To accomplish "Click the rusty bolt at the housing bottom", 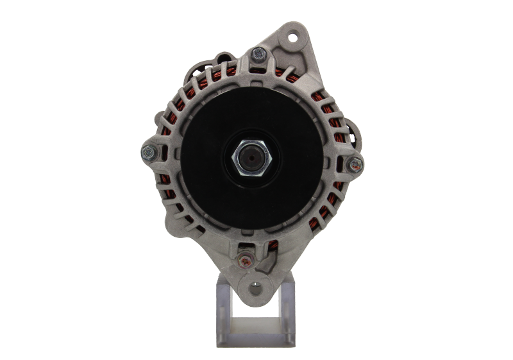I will [x=244, y=259].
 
